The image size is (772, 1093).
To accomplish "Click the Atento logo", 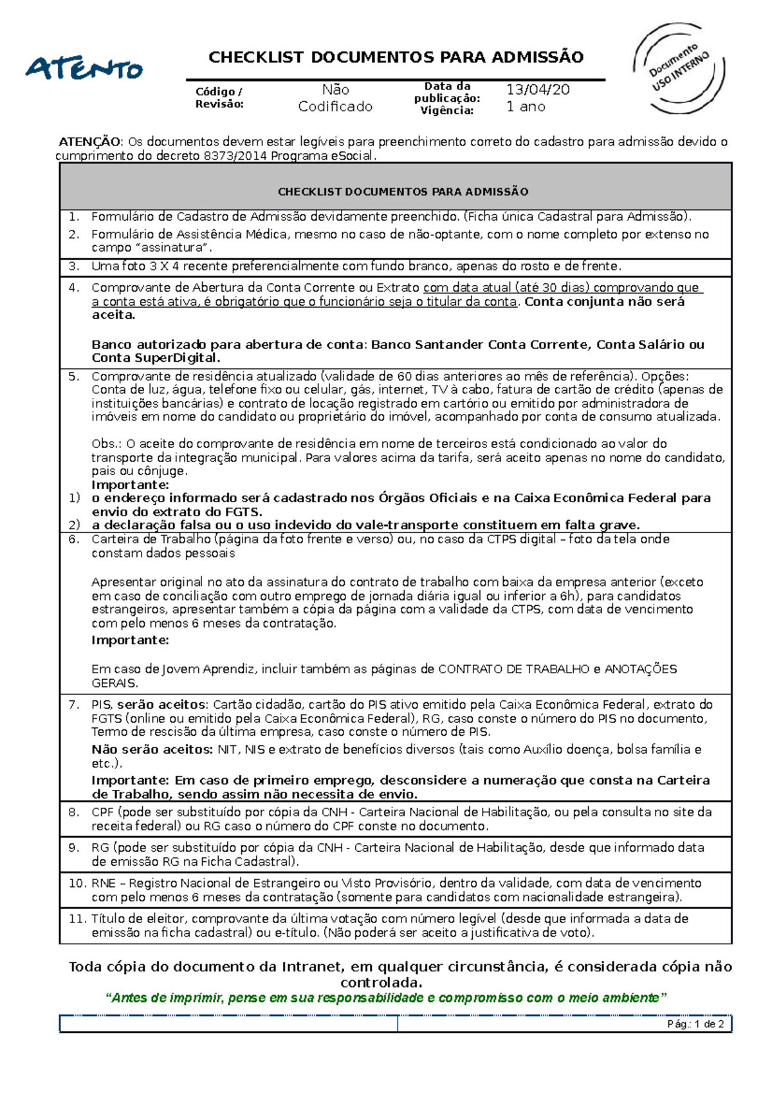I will pos(84,68).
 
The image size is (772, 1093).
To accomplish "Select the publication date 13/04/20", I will pos(538,89).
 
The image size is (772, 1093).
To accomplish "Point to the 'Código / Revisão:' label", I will pos(219,98).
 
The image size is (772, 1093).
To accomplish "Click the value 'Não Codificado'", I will pos(335,98).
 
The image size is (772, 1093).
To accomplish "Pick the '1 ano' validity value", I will pos(526,107).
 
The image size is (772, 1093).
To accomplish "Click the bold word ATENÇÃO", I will pos(89,142).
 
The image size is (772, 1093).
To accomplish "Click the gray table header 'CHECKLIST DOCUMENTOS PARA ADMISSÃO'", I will pos(403,192).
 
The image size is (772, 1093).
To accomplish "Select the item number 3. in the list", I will pos(74,266).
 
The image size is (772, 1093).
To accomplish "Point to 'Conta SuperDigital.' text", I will pos(156,358).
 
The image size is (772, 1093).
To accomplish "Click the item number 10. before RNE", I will pos(77,883).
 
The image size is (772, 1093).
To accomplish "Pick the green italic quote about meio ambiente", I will pos(386,998).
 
